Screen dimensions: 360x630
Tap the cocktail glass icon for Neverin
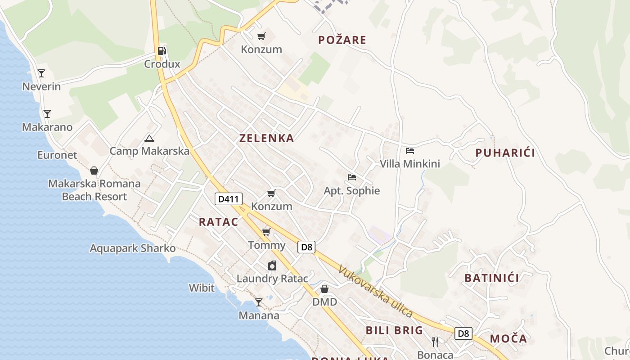click(41, 73)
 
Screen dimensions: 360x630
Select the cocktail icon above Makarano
click(47, 113)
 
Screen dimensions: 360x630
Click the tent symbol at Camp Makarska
click(149, 138)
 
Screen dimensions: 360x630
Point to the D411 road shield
click(229, 199)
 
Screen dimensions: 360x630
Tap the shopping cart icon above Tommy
click(266, 232)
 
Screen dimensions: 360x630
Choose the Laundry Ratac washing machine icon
click(272, 265)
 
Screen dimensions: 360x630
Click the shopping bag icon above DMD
click(324, 288)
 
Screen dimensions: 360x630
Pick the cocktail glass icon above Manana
click(259, 302)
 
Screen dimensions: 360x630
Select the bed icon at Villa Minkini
click(409, 150)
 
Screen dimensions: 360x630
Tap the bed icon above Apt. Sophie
click(352, 177)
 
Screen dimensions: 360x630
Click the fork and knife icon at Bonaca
click(435, 342)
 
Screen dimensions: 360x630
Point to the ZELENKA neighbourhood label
click(267, 138)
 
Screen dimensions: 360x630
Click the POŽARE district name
click(342, 40)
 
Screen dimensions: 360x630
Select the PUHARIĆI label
click(505, 153)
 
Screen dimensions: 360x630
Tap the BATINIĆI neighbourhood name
click(492, 278)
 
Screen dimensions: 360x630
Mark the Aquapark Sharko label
click(133, 248)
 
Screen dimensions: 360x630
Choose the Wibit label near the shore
click(202, 288)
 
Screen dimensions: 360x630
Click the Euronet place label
click(57, 155)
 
